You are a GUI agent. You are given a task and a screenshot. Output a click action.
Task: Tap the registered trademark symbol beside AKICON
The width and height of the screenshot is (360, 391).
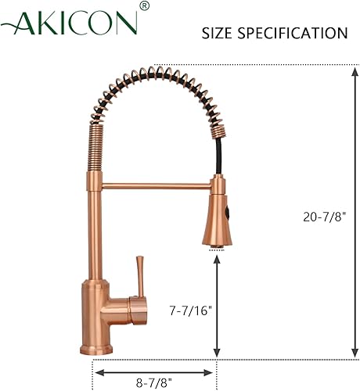tap(144, 7)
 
